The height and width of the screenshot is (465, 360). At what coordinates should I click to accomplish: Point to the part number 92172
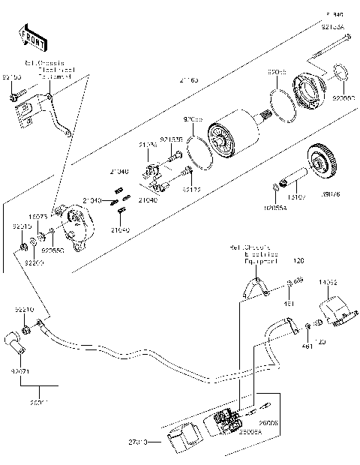coord(192,190)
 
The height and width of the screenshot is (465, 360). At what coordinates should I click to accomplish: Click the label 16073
coord(39,215)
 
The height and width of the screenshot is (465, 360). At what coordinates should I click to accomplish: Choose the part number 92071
coord(21,370)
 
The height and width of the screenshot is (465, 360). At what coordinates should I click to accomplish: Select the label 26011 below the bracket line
coord(39,403)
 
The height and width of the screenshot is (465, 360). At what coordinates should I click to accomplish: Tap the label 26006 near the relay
coord(268,424)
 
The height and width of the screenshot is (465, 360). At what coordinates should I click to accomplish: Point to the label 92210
coord(24,308)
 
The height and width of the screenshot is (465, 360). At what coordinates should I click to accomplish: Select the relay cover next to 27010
coord(178,438)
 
